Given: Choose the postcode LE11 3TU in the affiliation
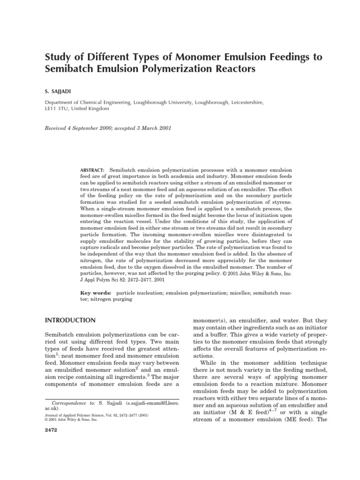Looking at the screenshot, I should [x=60, y=108].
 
